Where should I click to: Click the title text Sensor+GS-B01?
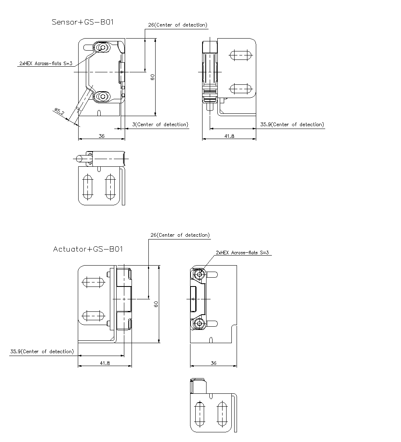[x=83, y=22]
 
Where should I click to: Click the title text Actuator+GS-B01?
[x=88, y=249]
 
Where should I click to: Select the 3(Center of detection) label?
[x=160, y=125]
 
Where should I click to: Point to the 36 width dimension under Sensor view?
[x=101, y=136]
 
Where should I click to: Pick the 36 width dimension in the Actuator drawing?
[x=213, y=363]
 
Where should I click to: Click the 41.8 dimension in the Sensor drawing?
[x=229, y=136]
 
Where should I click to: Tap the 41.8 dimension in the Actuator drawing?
[x=105, y=363]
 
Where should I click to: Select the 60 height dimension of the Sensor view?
[x=153, y=77]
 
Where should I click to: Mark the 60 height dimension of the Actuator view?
[x=156, y=304]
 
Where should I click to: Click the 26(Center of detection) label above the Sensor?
[x=178, y=25]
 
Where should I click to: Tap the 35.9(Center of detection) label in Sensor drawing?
[x=292, y=125]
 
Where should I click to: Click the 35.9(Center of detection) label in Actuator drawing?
[x=42, y=352]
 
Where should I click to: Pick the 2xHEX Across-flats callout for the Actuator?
[x=242, y=253]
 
